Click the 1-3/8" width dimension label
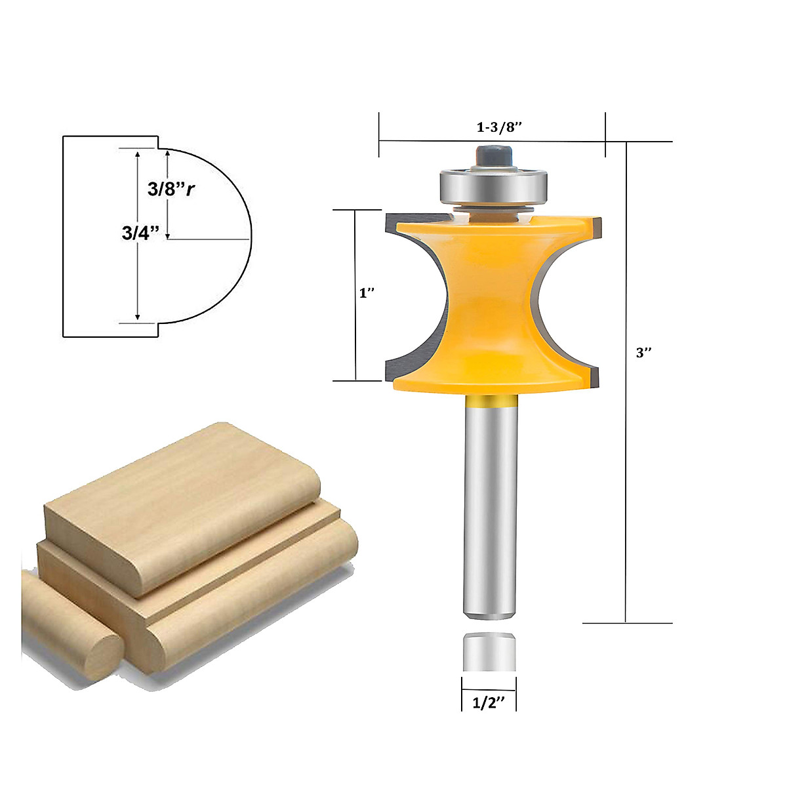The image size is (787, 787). tap(498, 127)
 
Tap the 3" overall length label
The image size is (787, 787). tap(644, 353)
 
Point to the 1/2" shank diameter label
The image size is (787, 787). tap(489, 702)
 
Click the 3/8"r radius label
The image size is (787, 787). tap(171, 190)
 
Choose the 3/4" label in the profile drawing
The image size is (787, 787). tap(141, 233)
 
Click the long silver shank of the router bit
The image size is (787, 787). tap(489, 505)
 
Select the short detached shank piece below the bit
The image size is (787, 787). tap(489, 652)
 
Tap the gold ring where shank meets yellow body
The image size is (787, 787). tap(489, 399)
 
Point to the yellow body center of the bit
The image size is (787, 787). tap(489, 295)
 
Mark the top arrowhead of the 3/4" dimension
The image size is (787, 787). tap(138, 153)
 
